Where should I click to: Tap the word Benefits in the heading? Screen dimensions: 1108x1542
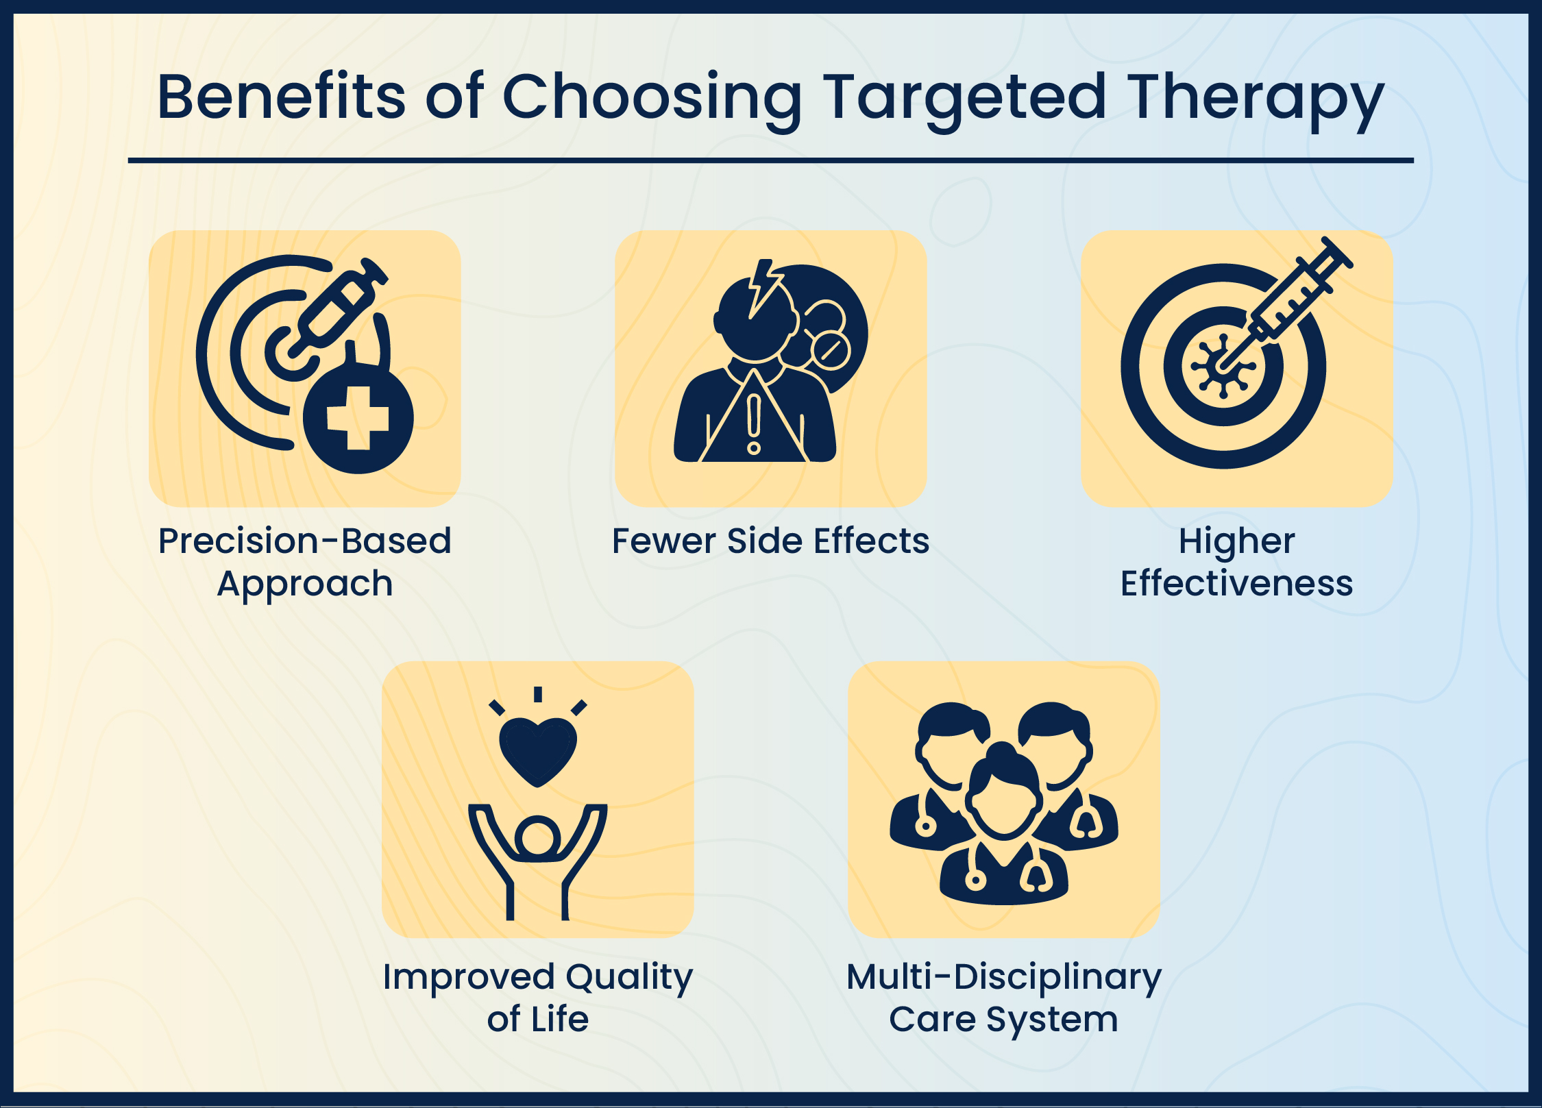click(281, 97)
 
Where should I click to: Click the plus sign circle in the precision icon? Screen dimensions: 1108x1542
click(358, 419)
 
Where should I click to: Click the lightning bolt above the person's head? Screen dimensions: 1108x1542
click(763, 284)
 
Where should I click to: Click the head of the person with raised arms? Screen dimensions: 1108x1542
click(538, 837)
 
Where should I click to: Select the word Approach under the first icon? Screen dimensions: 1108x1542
click(305, 584)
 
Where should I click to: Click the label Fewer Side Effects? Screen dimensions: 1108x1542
click(770, 541)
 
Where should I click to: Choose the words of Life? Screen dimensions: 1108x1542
click(538, 1019)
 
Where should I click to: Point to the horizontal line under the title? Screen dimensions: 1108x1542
click(770, 160)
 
